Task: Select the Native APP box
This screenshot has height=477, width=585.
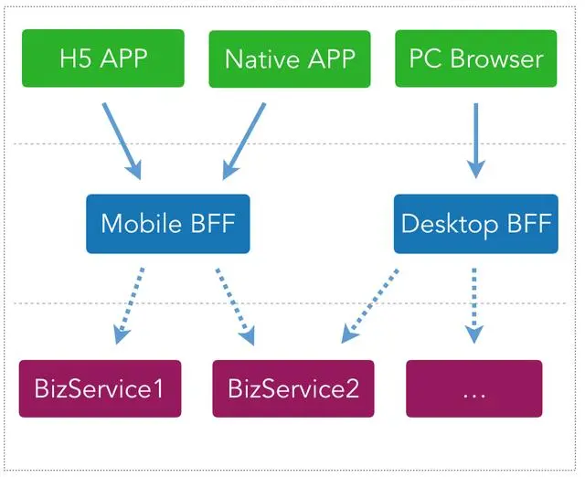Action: (x=290, y=58)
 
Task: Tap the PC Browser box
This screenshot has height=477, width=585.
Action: (x=474, y=58)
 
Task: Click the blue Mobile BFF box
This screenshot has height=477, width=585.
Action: (x=167, y=224)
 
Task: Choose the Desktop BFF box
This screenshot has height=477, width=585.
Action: (x=475, y=224)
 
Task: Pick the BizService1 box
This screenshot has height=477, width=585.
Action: (x=100, y=388)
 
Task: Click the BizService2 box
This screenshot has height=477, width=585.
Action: (x=293, y=388)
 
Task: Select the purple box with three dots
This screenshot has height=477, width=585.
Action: (x=473, y=388)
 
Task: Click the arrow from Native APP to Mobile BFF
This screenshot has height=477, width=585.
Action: (x=244, y=139)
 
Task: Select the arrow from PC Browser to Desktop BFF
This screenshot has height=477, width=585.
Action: (x=475, y=139)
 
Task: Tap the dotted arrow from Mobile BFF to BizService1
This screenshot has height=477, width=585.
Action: (x=130, y=305)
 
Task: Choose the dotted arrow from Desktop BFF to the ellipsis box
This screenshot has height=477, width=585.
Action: (x=473, y=305)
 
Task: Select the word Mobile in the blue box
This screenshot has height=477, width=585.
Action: (x=137, y=224)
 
